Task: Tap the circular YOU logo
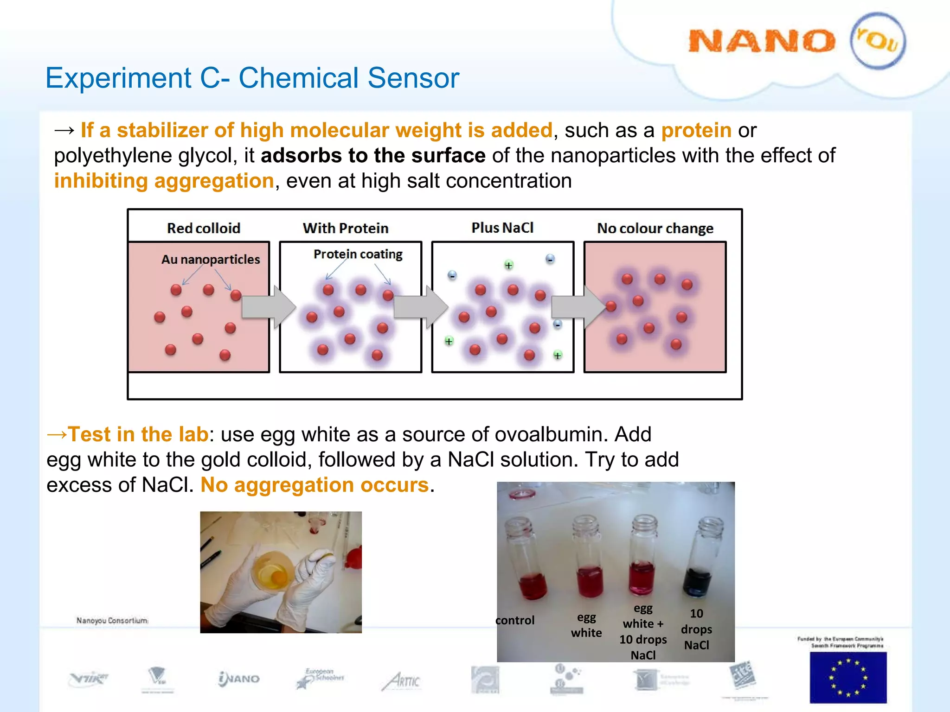[877, 41]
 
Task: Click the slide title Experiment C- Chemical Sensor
[252, 78]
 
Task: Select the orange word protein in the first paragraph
[696, 131]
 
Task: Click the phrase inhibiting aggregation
[164, 181]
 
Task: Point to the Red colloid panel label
[203, 228]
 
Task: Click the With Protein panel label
[346, 228]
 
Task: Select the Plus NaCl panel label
[502, 228]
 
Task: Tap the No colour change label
[655, 228]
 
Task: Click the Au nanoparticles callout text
[211, 259]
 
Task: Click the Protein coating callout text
[358, 254]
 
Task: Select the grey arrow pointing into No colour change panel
[578, 307]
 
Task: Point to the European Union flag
[847, 677]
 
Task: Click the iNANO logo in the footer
[239, 679]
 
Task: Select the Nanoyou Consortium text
[112, 620]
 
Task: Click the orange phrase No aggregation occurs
[315, 485]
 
